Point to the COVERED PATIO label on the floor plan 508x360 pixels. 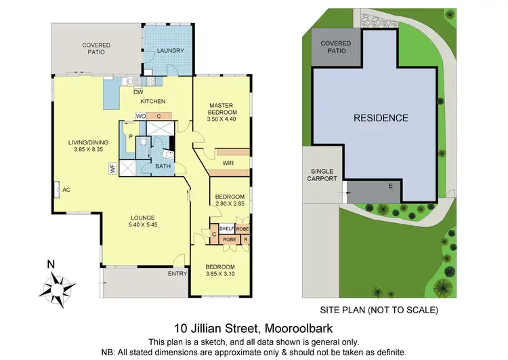tap(96, 49)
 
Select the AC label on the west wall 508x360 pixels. tap(66, 190)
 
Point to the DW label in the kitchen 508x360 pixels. tap(138, 92)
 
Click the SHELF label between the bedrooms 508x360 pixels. tap(226, 228)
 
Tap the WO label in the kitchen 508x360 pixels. tap(140, 117)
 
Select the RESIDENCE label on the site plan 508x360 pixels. tap(381, 118)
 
